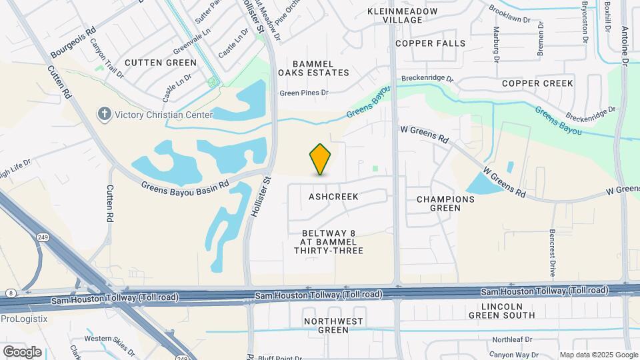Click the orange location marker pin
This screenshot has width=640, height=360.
click(x=321, y=159)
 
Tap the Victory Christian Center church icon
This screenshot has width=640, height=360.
click(x=103, y=115)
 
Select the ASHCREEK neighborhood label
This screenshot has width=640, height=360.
click(x=333, y=197)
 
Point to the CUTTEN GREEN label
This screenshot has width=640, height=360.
click(x=161, y=63)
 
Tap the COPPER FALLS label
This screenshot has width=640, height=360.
click(x=430, y=43)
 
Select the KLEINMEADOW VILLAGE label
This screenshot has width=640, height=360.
click(x=403, y=15)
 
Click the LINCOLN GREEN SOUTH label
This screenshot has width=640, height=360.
click(x=501, y=311)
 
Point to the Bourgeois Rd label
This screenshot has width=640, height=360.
click(x=73, y=41)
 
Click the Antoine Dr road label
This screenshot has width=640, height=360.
click(x=625, y=47)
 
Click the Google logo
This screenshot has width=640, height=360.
click(x=22, y=351)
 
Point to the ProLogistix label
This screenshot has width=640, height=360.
click(x=24, y=319)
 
